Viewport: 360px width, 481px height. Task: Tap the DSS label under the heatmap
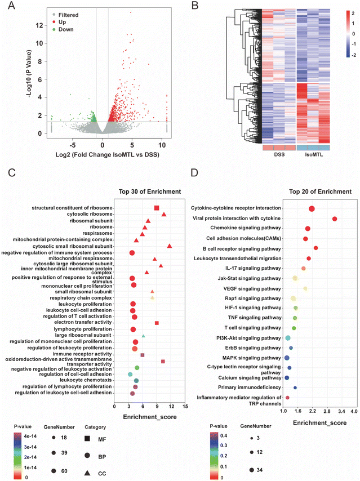tap(278, 154)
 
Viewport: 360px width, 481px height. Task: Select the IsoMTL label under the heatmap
tap(313, 154)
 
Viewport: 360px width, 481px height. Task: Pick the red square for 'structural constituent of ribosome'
tap(157, 208)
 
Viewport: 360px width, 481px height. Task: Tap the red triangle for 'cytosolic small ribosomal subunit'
tap(170, 246)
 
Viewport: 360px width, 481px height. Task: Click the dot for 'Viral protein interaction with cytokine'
tap(335, 219)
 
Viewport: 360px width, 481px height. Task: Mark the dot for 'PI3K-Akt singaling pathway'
tap(288, 338)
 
